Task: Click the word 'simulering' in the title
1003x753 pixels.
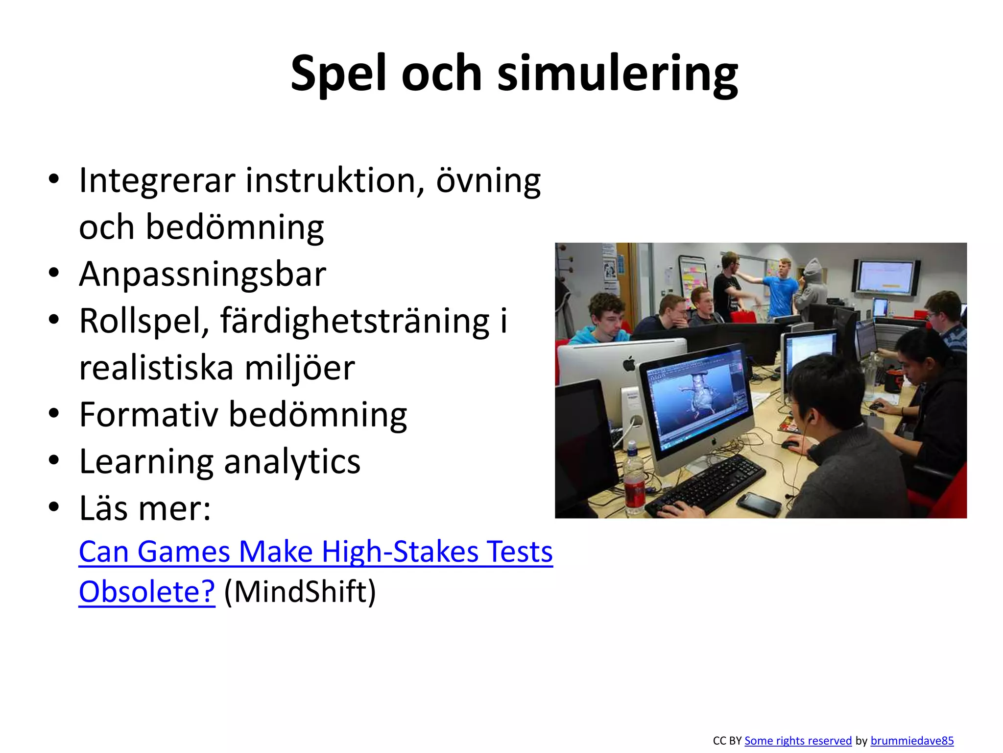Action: [x=617, y=74]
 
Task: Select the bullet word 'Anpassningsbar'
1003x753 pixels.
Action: [x=202, y=274]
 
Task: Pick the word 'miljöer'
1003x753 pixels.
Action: [x=299, y=368]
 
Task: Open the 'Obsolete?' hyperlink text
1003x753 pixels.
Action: [x=147, y=592]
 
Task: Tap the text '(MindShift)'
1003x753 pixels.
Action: [x=300, y=592]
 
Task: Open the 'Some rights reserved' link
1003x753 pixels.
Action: [x=798, y=741]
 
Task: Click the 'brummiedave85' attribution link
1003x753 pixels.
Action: [x=912, y=741]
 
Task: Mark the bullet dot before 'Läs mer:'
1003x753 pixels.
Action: [x=54, y=507]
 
